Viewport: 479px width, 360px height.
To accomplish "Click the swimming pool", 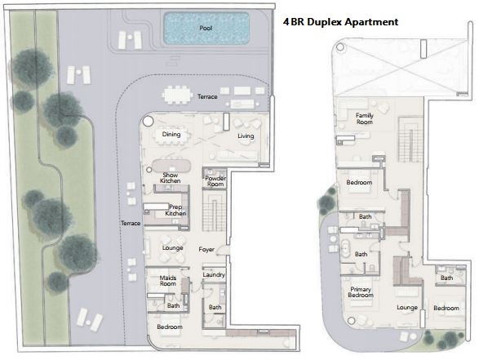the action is coord(206,29).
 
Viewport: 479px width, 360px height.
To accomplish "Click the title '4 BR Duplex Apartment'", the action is coord(340,22).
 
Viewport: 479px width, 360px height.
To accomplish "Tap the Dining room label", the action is coord(171,134).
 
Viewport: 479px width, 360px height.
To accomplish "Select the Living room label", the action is coord(246,136).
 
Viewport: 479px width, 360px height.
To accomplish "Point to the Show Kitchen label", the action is coord(171,178).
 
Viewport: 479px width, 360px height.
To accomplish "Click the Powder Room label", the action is coord(215,181).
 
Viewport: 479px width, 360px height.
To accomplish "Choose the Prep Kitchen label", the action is coord(175,211).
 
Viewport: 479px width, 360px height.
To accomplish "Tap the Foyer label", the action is coord(206,249).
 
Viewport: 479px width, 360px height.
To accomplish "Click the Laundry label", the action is coord(214,275).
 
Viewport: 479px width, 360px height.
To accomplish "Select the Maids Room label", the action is coord(168,281).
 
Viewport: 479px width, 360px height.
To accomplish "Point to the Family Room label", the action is coord(365,118).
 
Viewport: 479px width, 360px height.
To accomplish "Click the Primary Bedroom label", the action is coord(361,292).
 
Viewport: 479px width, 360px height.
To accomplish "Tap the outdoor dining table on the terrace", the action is coord(177,95).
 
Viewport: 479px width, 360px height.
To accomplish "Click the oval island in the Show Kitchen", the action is coord(171,166).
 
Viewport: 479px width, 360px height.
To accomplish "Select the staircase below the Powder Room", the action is coord(215,211).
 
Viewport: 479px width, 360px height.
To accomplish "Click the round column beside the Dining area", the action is coord(148,122).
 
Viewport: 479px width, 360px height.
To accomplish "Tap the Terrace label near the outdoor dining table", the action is coord(207,96).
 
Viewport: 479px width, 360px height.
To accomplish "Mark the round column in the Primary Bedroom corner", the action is coord(352,321).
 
